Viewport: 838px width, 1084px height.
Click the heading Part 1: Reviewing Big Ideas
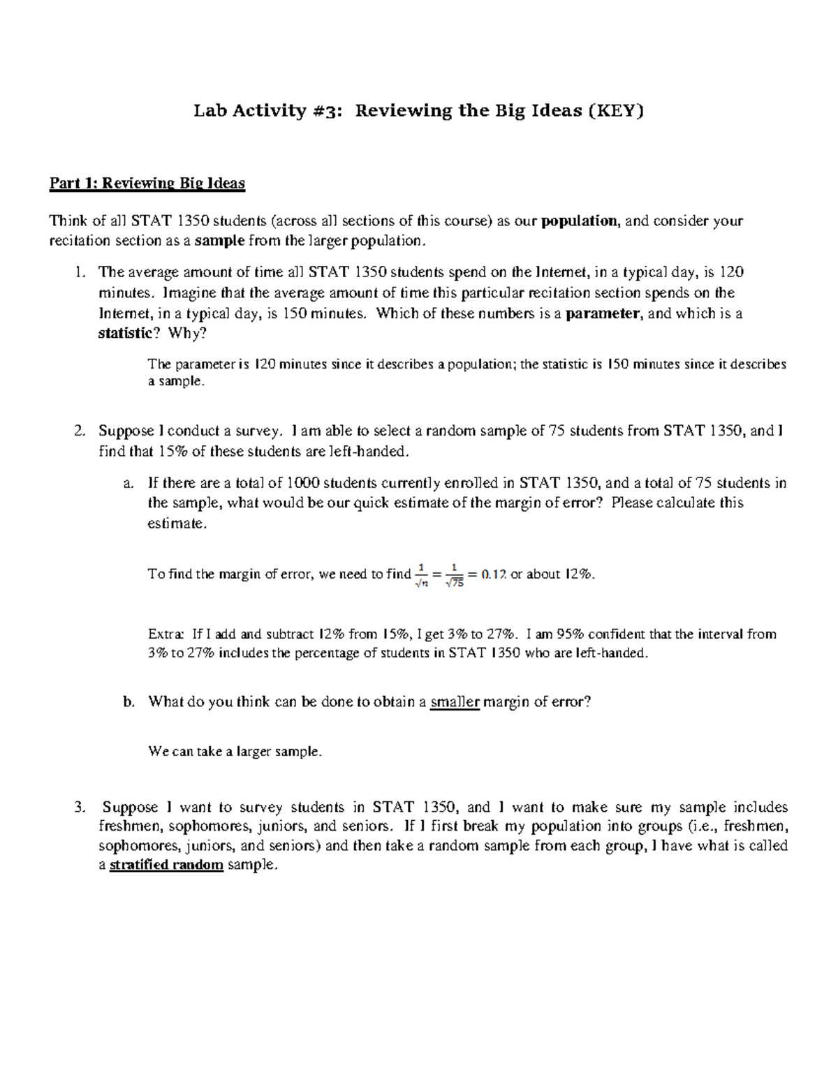pos(147,184)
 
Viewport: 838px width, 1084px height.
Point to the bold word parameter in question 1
pos(603,313)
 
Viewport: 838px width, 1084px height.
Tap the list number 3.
pos(79,808)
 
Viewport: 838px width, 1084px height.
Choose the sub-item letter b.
pos(128,702)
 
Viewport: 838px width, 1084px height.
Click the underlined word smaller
pos(455,702)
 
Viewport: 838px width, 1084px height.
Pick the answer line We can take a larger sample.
pos(235,752)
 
